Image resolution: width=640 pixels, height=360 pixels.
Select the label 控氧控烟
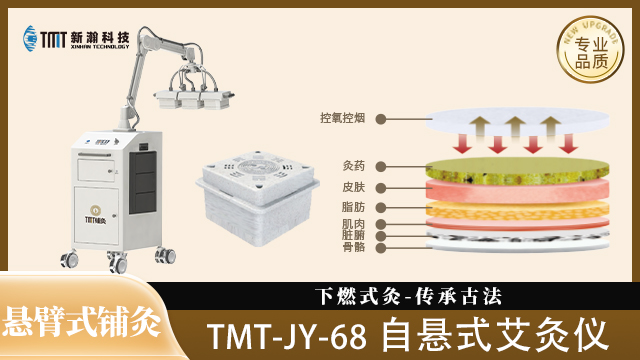pyautogui.click(x=342, y=118)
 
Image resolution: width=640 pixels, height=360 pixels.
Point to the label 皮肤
pyautogui.click(x=352, y=186)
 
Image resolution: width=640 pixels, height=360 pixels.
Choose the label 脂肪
pyautogui.click(x=352, y=207)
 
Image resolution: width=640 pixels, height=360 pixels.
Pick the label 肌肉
pyautogui.click(x=352, y=224)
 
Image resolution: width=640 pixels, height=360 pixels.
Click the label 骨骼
pyautogui.click(x=352, y=245)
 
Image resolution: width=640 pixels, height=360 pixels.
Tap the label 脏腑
pyautogui.click(x=352, y=234)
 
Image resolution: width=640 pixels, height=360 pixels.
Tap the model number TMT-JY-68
pyautogui.click(x=290, y=334)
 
